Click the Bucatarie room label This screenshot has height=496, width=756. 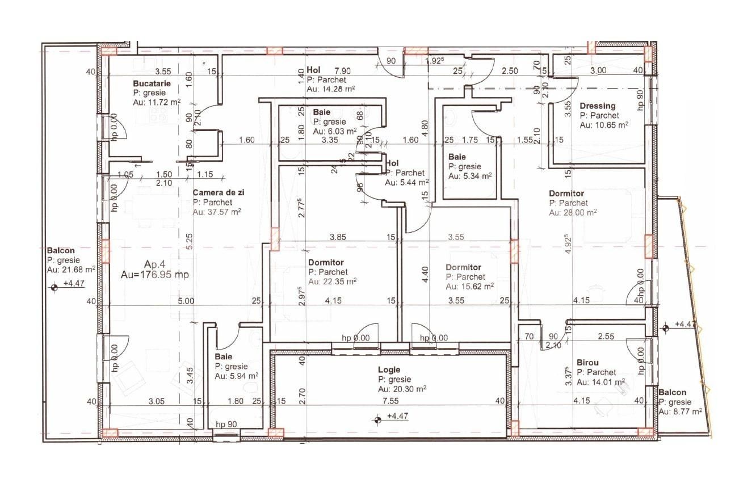click(152, 83)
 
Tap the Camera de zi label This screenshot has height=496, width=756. click(218, 193)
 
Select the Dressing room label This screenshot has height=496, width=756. click(597, 106)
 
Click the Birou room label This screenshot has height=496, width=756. click(587, 362)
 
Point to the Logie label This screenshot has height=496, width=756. click(389, 369)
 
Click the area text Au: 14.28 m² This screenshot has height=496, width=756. click(331, 89)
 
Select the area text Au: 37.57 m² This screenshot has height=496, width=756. click(217, 212)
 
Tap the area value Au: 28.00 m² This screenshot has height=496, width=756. click(573, 213)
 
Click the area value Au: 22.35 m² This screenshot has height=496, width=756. click(332, 281)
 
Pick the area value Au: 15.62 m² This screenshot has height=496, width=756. click(469, 286)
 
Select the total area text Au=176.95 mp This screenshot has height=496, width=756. click(154, 275)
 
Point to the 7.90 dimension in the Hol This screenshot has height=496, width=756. click(342, 71)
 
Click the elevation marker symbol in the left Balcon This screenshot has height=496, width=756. click(54, 287)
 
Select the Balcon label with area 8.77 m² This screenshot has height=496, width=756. click(672, 392)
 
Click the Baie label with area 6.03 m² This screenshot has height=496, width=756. click(321, 112)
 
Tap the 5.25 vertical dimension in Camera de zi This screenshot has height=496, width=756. click(189, 242)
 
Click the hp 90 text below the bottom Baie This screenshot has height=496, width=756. click(227, 424)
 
